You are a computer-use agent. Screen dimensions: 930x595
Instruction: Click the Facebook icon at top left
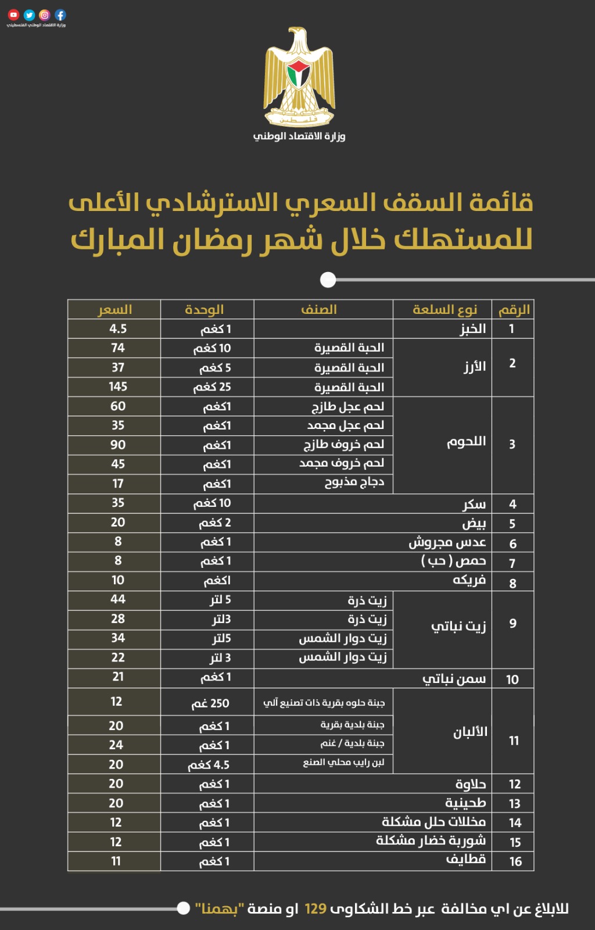click(60, 15)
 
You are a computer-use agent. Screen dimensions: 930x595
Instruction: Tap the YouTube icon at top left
click(14, 15)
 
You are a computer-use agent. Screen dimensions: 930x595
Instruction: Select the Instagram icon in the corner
click(45, 15)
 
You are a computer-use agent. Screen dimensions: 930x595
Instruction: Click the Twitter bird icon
click(29, 15)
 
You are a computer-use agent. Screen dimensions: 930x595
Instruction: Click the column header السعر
click(115, 309)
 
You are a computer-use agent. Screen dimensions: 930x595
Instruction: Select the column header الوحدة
click(205, 309)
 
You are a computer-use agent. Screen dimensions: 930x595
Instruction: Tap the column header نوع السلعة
click(445, 309)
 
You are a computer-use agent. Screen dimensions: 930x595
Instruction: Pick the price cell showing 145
click(118, 387)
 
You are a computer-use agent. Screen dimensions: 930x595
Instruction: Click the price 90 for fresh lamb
click(118, 445)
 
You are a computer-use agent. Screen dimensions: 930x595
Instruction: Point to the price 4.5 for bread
click(118, 328)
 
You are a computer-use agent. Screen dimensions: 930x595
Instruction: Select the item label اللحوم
click(466, 442)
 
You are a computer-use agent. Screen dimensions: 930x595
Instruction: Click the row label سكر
click(474, 504)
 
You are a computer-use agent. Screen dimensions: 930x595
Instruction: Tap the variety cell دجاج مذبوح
click(354, 482)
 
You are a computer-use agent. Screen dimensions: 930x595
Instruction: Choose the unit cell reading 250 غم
click(210, 703)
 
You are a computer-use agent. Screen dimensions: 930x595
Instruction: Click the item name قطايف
click(466, 860)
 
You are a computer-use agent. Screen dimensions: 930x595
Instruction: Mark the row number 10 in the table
click(512, 679)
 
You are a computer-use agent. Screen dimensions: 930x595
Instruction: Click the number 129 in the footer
click(316, 908)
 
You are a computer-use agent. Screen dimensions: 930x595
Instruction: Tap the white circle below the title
click(328, 280)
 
